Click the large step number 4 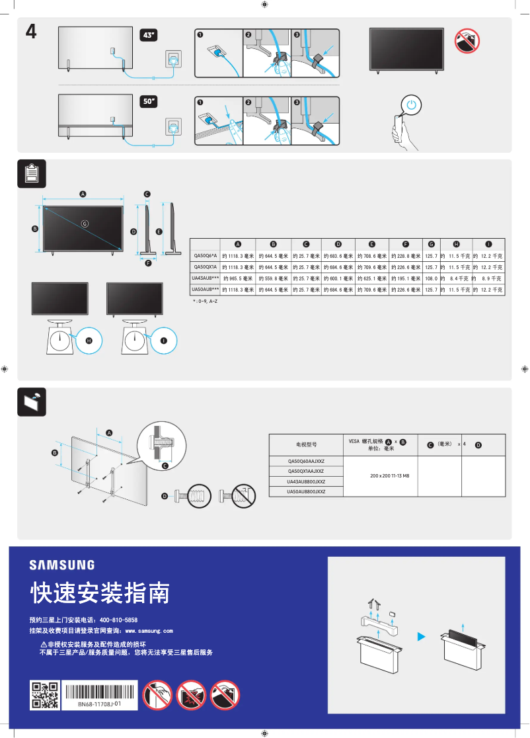pos(30,32)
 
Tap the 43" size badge pos(149,35)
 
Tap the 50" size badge pos(149,102)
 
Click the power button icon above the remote pos(412,105)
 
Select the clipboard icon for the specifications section pos(30,173)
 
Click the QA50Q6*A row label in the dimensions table pos(205,255)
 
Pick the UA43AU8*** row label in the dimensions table pos(205,278)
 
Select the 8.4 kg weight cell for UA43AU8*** pos(455,278)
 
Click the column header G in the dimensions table pos(431,244)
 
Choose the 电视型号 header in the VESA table pos(306,444)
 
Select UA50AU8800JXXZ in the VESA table pos(306,492)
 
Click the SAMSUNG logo pos(61,565)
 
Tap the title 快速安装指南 pos(99,593)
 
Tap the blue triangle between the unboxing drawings pos(420,637)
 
